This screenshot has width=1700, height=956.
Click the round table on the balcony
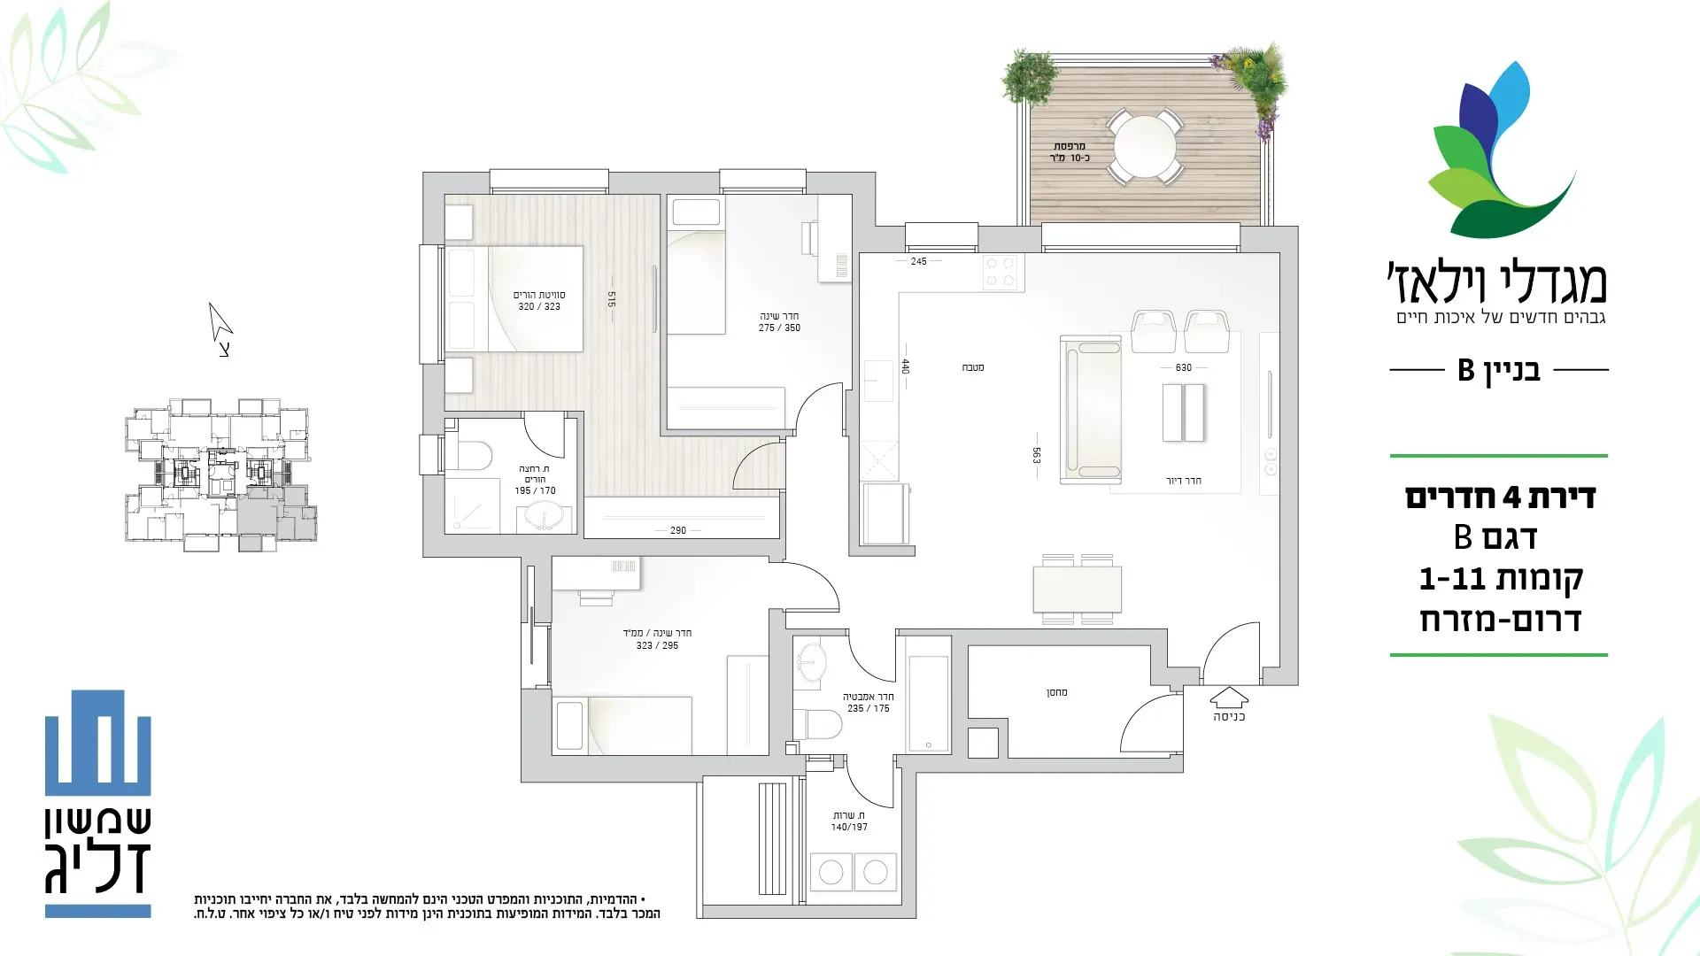click(x=1146, y=147)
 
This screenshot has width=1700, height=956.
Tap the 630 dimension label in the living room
click(x=1184, y=367)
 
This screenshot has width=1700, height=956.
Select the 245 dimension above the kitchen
click(x=919, y=261)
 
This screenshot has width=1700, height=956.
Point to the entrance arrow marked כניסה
click(x=1229, y=698)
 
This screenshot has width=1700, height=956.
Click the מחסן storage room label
click(x=1057, y=692)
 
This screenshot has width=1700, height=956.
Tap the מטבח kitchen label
click(x=973, y=367)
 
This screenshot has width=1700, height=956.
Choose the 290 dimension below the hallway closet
click(x=678, y=530)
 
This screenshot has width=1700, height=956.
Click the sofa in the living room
click(x=1092, y=409)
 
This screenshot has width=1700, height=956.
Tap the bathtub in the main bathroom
click(x=928, y=705)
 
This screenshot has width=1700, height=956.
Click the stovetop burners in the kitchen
click(x=1001, y=272)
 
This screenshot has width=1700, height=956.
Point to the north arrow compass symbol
click(x=220, y=324)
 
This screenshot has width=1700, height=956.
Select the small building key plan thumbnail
click(x=220, y=474)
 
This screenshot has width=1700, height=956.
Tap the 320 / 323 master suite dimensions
click(x=539, y=307)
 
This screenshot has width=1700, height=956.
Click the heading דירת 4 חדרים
click(x=1500, y=497)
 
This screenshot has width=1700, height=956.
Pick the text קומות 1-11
click(x=1501, y=579)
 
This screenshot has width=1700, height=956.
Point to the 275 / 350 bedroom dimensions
click(x=779, y=328)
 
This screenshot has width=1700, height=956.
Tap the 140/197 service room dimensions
click(x=849, y=828)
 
